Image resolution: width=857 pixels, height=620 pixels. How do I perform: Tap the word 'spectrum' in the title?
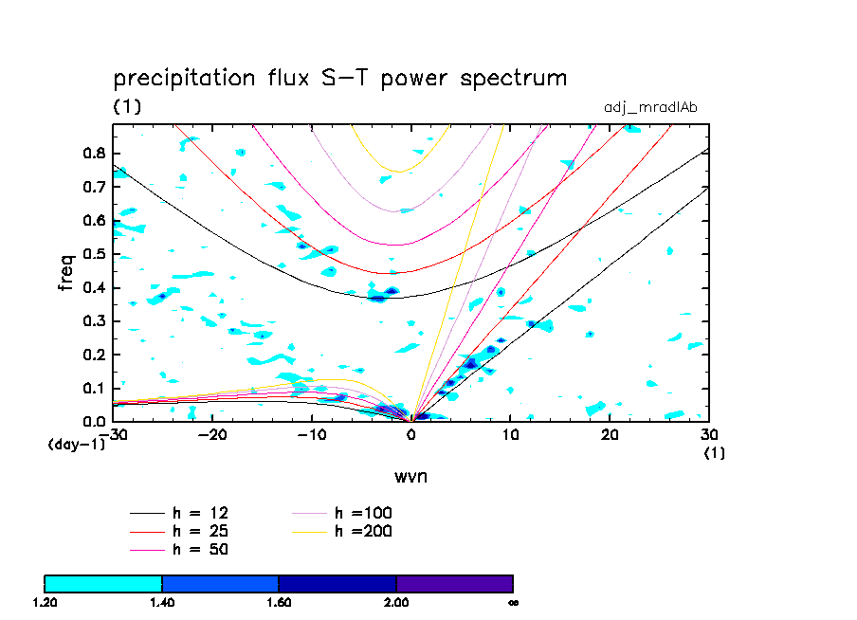point(513,78)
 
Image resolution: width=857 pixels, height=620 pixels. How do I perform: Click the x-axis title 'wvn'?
point(411,475)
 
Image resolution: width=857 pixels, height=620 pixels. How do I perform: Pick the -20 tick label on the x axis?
point(213,434)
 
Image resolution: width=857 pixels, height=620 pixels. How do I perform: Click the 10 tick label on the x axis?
point(510,434)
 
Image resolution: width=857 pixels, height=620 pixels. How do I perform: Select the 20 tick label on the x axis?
point(610,434)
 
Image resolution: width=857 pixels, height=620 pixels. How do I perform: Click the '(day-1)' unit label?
point(77,444)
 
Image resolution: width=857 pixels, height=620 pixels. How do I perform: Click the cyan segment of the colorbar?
point(103,583)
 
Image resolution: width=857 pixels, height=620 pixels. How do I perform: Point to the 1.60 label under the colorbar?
point(279,602)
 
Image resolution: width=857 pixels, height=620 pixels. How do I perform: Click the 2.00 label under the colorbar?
point(396,602)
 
